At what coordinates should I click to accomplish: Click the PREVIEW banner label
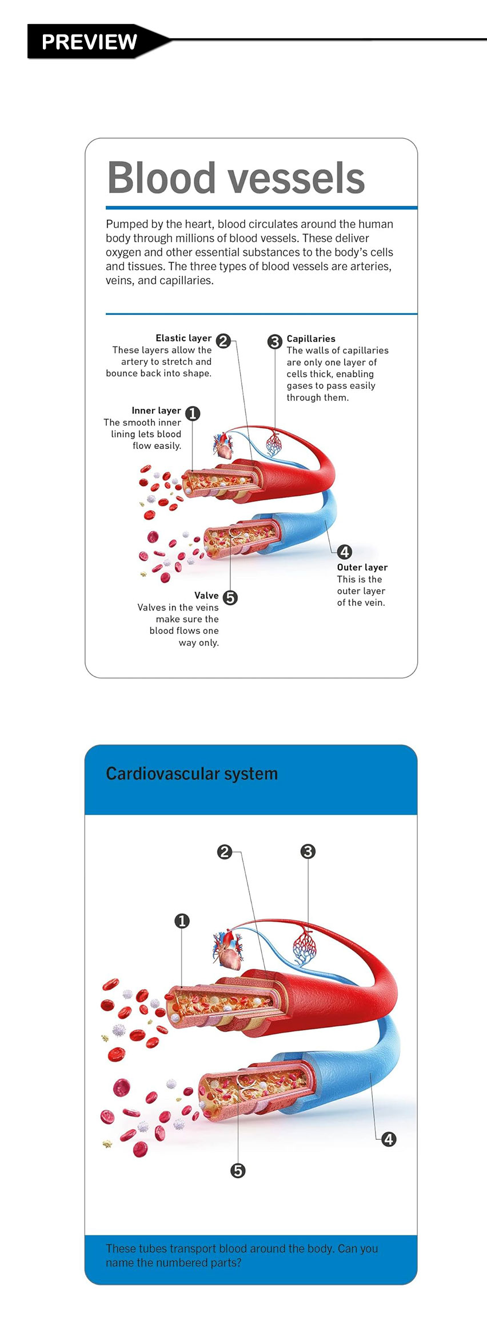pyautogui.click(x=89, y=42)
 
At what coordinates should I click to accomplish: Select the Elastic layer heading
pyautogui.click(x=183, y=338)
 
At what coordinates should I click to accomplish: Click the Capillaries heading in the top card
pyautogui.click(x=311, y=339)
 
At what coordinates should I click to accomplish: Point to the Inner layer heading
pyautogui.click(x=156, y=411)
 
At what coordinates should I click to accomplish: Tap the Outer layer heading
pyautogui.click(x=362, y=567)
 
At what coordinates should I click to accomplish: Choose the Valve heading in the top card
pyautogui.click(x=206, y=595)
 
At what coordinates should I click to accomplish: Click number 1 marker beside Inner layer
pyautogui.click(x=193, y=413)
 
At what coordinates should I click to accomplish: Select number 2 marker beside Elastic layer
pyautogui.click(x=223, y=341)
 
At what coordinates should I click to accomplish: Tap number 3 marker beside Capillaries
pyautogui.click(x=275, y=341)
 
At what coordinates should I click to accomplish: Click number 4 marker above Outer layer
pyautogui.click(x=345, y=552)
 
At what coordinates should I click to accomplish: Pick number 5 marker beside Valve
pyautogui.click(x=230, y=597)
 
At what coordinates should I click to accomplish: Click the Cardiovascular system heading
pyautogui.click(x=191, y=774)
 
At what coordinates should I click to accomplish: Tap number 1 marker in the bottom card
pyautogui.click(x=182, y=921)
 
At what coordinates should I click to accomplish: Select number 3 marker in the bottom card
pyautogui.click(x=308, y=851)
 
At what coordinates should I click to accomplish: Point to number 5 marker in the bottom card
pyautogui.click(x=238, y=1171)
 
